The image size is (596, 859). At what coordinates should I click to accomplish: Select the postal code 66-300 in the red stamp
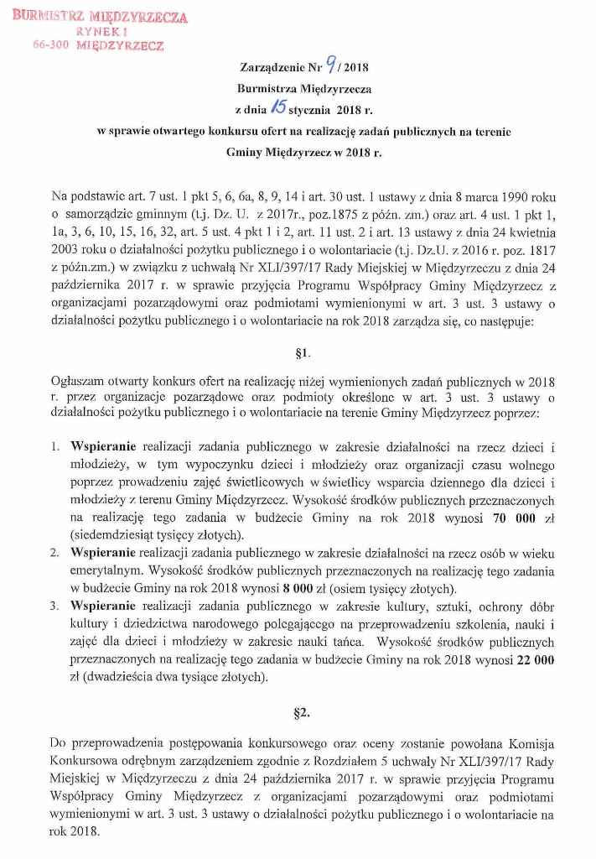(x=51, y=46)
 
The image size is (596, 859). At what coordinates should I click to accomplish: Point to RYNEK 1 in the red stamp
(x=99, y=32)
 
